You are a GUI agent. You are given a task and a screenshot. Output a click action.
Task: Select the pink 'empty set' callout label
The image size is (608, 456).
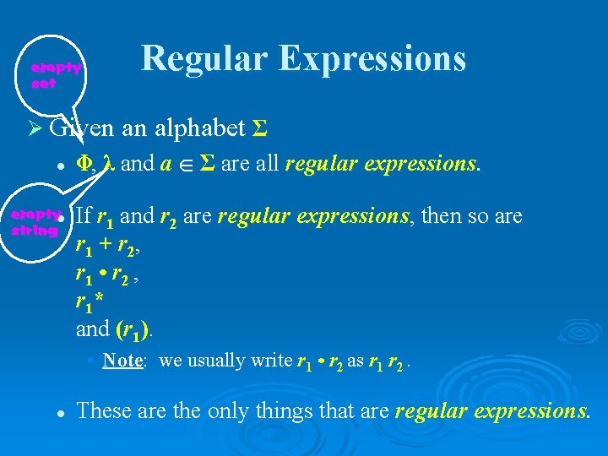(56, 76)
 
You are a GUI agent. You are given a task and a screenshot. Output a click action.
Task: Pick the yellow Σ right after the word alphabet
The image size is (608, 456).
(261, 128)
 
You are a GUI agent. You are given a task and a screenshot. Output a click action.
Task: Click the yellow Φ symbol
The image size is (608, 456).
(85, 165)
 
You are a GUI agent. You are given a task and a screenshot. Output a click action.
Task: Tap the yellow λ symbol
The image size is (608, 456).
(108, 165)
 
